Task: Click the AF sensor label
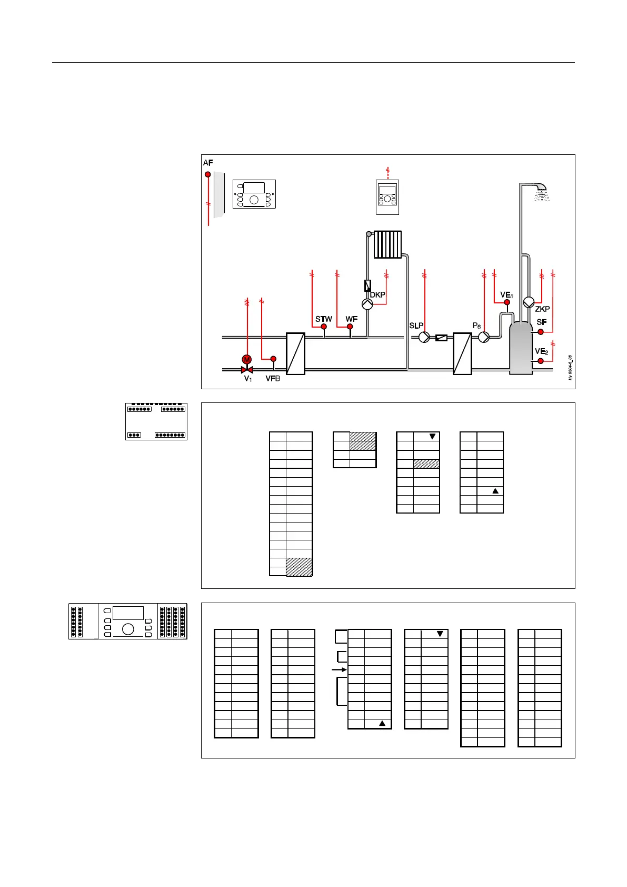click(x=208, y=163)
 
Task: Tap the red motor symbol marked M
click(x=246, y=360)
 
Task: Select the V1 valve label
click(x=247, y=379)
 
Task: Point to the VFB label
click(x=273, y=379)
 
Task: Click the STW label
click(x=323, y=319)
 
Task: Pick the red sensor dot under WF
click(x=350, y=327)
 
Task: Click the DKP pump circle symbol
click(x=367, y=304)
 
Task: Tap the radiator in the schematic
click(x=387, y=244)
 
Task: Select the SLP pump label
click(x=416, y=326)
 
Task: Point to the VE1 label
click(x=506, y=295)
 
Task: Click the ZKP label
click(x=542, y=309)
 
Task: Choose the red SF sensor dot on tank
click(x=540, y=332)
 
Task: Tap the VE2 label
click(x=541, y=352)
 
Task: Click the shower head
click(x=541, y=193)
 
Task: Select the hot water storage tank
click(x=521, y=348)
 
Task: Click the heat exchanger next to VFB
click(x=295, y=353)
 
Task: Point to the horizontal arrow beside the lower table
click(x=340, y=669)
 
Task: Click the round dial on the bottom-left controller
click(x=128, y=629)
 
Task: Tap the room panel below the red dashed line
click(x=387, y=197)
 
